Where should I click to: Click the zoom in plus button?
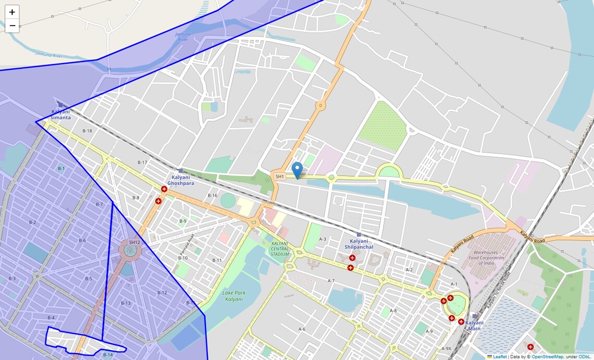pos(12,12)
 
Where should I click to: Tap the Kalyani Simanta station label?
pos(60,115)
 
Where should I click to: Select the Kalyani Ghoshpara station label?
pos(181,180)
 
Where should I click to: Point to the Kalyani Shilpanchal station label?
pos(358,244)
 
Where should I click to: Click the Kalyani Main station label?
pos(474,326)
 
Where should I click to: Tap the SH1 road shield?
pos(280,177)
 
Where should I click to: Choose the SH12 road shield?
pos(134,242)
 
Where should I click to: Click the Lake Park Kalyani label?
pos(233,296)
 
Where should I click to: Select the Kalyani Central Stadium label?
pos(280,249)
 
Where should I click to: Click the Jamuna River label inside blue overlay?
pos(183,36)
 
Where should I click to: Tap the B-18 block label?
pos(87,131)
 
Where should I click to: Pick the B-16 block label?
pos(212,195)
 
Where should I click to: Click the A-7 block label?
pos(331,281)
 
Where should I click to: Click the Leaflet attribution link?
pos(499,357)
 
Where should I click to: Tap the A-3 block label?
pos(322,239)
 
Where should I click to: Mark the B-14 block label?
pos(107,355)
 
